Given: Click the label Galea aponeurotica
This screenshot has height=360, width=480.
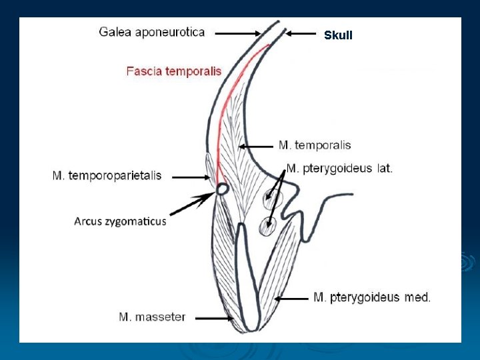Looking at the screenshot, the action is (x=152, y=31).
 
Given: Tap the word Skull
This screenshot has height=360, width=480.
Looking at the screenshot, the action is (x=338, y=35).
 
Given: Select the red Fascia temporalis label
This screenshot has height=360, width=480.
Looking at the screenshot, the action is (x=174, y=71).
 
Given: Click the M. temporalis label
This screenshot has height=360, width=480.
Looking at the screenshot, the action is (x=315, y=145).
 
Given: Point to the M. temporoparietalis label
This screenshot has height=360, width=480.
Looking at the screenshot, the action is (x=107, y=176).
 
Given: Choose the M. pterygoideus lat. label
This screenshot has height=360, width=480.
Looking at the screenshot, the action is (x=339, y=168).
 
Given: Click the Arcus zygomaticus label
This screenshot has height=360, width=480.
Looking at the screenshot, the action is (x=120, y=221).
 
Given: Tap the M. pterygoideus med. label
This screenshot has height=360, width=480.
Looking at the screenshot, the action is (x=372, y=297).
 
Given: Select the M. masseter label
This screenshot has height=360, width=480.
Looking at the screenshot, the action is (x=152, y=317).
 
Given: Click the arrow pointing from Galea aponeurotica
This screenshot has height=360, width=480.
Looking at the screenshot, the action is (x=238, y=32).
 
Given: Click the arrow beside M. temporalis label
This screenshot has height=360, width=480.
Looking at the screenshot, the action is (x=256, y=146).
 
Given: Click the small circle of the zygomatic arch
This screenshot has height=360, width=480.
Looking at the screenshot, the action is (x=222, y=189).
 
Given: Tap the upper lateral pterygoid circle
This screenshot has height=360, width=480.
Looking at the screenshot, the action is (x=271, y=197).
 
